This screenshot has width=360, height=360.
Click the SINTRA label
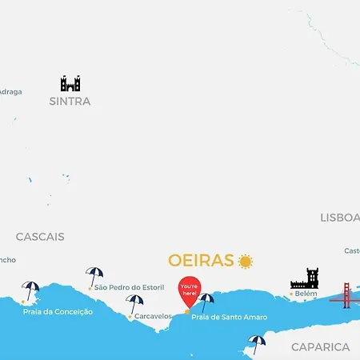coord(70,102)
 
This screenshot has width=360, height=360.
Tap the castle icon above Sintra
coord(70,83)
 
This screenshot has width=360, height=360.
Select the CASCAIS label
coord(40,237)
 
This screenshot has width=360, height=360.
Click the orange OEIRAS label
coord(201,261)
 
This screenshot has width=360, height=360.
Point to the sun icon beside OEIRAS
coord(245,261)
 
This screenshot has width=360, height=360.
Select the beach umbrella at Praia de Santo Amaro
coord(206,302)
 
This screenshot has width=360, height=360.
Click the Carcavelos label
coord(153,316)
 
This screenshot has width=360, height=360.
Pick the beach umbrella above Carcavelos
coord(134,303)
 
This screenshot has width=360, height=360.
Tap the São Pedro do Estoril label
coord(129,287)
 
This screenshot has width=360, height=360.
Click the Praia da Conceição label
coord(58,311)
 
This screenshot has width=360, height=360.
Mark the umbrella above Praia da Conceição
coord(31,290)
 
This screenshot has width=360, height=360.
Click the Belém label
coord(306,294)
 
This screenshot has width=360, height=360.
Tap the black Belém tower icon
coord(305,278)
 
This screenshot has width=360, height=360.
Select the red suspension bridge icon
coord(345,295)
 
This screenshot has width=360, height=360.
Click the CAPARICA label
coord(320,347)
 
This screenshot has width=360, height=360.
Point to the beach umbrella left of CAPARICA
coord(256,343)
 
